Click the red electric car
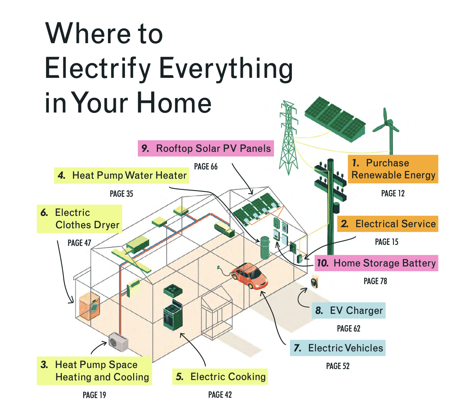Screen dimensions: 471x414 [249, 276]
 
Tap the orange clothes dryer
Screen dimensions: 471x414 [89, 305]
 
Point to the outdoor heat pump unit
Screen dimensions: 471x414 [118, 342]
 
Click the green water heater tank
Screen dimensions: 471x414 [265, 248]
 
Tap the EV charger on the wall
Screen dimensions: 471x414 [314, 281]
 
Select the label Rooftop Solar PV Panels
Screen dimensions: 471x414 [206, 148]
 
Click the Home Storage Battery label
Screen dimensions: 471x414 [376, 263]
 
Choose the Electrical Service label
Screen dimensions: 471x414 [387, 224]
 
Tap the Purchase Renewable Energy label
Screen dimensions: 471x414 [393, 169]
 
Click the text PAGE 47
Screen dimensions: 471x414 [79, 243]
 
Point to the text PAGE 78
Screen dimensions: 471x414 [375, 281]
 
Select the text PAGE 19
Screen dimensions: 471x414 [95, 395]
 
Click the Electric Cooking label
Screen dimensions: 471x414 [220, 376]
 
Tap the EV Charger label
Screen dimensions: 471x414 [348, 310]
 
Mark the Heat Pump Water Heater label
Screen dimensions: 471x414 [121, 176]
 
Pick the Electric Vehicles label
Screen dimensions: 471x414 [337, 348]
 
